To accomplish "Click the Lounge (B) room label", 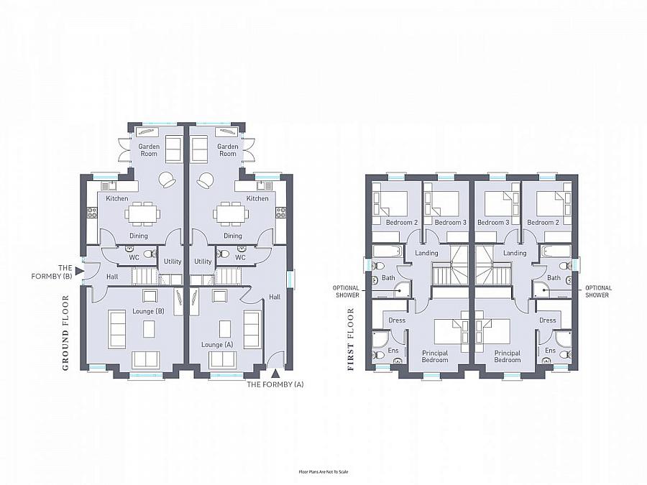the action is pos(148,311).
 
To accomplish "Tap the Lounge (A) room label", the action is pos(217,344).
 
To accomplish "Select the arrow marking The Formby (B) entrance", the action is pos(79,271).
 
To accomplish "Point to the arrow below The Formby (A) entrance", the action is pos(275,374).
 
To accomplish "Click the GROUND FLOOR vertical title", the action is pos(65,333).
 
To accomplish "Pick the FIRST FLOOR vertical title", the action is pos(351,339).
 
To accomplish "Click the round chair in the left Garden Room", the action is pos(168,180).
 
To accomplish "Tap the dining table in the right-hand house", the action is pos(231,214).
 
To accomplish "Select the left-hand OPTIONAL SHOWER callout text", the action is pos(347,292).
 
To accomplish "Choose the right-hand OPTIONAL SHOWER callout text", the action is pos(598,292).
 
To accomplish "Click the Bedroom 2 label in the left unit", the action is pos(402,222).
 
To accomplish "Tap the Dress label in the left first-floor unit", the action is pos(397,320).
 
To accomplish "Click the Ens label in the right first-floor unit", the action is pos(551,350).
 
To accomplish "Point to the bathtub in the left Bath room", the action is pos(387,251).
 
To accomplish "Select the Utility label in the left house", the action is pos(173,261).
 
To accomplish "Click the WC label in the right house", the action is pos(240,257).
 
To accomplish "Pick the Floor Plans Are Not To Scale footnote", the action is pos(323,472).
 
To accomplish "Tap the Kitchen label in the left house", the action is pos(117,198).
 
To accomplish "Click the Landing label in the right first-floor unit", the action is pos(515,253).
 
